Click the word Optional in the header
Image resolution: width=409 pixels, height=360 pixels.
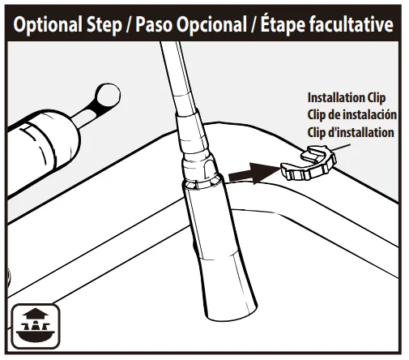pos(48,25)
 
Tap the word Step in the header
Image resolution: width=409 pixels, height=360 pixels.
pos(104,25)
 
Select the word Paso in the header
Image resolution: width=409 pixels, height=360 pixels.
pos(154,24)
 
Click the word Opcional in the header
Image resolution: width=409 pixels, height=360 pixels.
pos(211,25)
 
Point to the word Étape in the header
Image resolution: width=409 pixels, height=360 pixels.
pos(283,24)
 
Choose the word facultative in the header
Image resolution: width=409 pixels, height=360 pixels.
pos(351,24)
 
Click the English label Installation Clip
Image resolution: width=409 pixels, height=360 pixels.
pos(347,98)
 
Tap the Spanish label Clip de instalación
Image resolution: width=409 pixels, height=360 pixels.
pos(351,115)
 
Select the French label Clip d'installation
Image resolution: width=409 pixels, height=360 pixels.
pos(351,132)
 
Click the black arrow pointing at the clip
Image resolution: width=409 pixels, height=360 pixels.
pos(253,174)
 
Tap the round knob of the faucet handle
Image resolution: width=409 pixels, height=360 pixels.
pos(108,96)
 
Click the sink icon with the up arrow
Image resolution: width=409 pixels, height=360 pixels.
pos(36,326)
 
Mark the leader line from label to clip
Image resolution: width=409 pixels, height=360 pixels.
pos(341,148)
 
